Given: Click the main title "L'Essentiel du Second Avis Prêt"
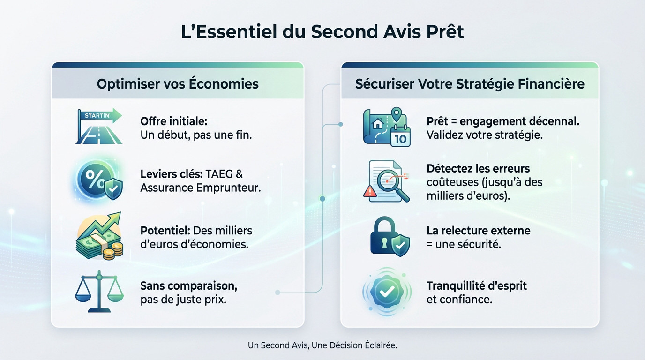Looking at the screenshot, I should [322, 32].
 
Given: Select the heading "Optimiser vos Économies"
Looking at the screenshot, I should [178, 84].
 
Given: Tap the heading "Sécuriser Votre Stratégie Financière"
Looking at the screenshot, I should [470, 84].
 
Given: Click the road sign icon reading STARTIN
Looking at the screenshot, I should [99, 127].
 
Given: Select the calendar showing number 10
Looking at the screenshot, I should [400, 135].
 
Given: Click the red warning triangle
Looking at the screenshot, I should [369, 191].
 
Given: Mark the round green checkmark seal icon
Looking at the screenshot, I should [387, 292].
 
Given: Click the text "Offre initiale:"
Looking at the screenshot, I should [173, 121].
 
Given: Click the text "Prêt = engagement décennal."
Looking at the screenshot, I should [503, 121].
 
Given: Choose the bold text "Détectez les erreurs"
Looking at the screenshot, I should [478, 168].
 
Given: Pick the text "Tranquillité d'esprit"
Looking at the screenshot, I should [476, 285].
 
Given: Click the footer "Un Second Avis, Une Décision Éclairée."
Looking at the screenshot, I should [322, 345].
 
